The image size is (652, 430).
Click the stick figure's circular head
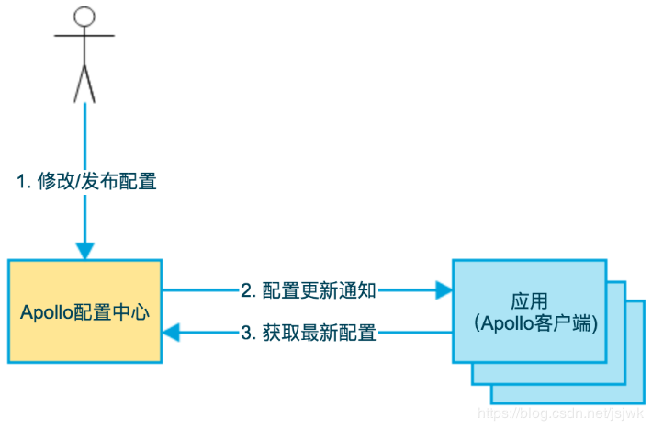[x=84, y=17]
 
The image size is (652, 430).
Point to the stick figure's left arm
[x=69, y=36]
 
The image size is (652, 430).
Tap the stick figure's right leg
[x=90, y=84]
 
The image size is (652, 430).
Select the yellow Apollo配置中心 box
[x=84, y=311]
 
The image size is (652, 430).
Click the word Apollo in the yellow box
[x=46, y=312]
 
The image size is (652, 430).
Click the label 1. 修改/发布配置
[x=86, y=181]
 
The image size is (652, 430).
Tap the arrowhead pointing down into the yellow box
[x=84, y=251]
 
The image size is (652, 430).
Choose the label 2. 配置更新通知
[x=309, y=290]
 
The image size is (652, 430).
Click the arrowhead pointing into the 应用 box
[x=444, y=289]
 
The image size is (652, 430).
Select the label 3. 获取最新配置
[x=309, y=333]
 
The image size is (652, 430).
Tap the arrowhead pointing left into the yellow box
[x=171, y=333]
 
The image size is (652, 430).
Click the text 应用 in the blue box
[x=529, y=301]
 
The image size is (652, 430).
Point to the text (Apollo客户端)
[x=535, y=323]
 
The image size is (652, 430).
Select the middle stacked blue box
[x=616, y=333]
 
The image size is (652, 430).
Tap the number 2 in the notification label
[x=246, y=290]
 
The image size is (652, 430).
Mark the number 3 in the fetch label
[x=246, y=333]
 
